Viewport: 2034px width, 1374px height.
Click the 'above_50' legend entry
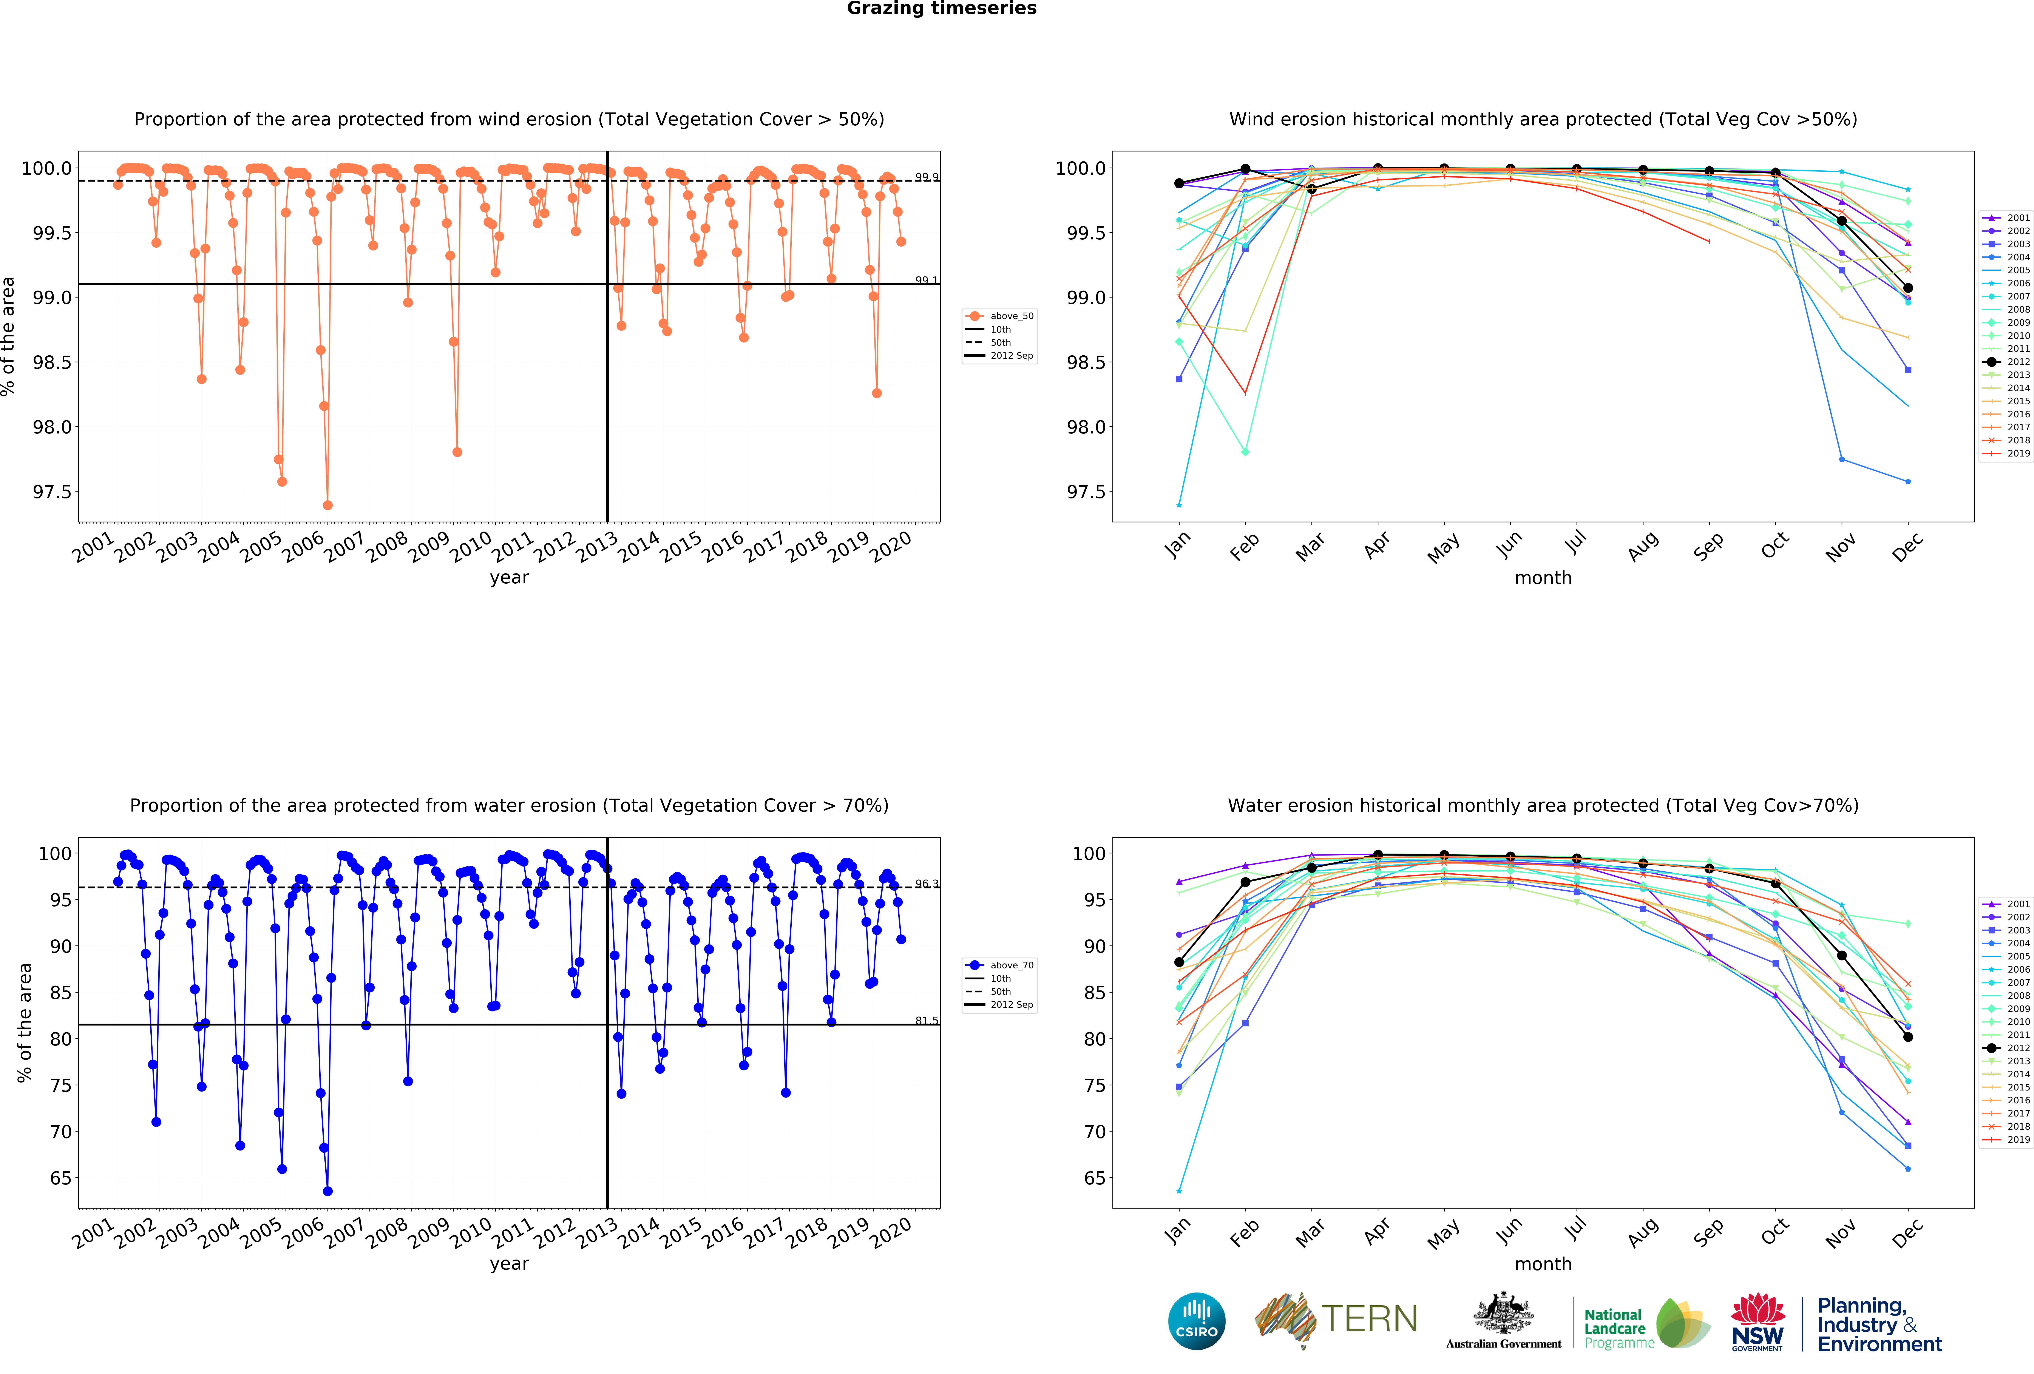pyautogui.click(x=1011, y=316)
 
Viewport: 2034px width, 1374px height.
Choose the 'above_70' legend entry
pyautogui.click(x=1011, y=965)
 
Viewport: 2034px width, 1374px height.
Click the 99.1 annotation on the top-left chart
pyautogui.click(x=926, y=280)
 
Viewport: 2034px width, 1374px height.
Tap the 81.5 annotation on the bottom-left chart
pyautogui.click(x=926, y=1020)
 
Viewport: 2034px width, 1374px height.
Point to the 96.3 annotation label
pyautogui.click(x=926, y=884)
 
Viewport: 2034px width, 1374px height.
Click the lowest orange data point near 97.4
pyautogui.click(x=327, y=505)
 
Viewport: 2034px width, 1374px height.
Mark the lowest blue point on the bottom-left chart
pyautogui.click(x=327, y=1191)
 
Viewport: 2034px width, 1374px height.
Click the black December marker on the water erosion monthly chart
pyautogui.click(x=1908, y=1037)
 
